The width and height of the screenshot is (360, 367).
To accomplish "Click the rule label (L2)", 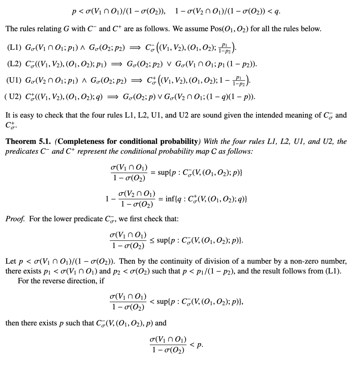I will tap(15, 64).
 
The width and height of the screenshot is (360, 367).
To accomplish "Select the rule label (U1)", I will tap(15, 81).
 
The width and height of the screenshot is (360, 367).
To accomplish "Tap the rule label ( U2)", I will tap(14, 97).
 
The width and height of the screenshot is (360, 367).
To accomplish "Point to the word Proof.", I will tap(15, 219).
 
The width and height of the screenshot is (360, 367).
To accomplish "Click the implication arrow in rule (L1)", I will tap(133, 47).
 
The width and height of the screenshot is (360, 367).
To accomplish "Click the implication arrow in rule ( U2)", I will tap(113, 97).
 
